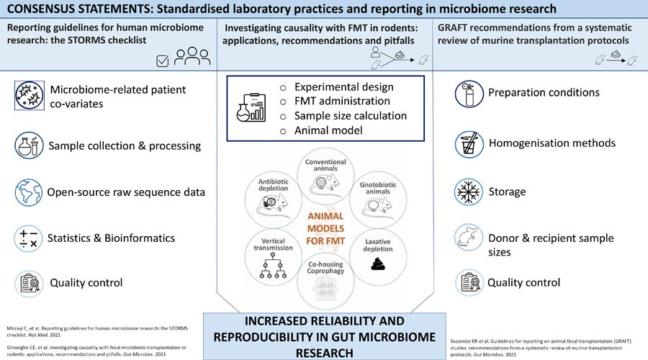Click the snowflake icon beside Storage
pos(469,192)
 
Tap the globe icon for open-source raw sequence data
pos(29,193)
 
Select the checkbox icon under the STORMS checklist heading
pos(163,61)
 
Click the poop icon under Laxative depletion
pos(378,264)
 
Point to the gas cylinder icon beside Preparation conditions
pos(469,94)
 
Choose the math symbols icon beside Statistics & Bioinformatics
pos(29,239)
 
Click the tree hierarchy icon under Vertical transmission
pos(273,266)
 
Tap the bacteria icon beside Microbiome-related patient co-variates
pos(30,96)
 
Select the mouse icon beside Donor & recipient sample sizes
pos(469,238)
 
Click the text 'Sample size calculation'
pos(351,116)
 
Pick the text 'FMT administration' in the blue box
pos(342,101)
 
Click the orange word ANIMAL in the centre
pos(325,216)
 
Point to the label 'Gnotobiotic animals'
pos(378,188)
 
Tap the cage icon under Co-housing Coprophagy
pos(325,289)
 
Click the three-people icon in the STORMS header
pos(192,56)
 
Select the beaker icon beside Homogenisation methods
pos(469,145)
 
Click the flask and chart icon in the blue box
pos(251,107)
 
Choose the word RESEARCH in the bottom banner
pos(325,354)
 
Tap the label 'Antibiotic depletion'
pos(273,185)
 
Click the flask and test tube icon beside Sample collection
pos(29,146)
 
